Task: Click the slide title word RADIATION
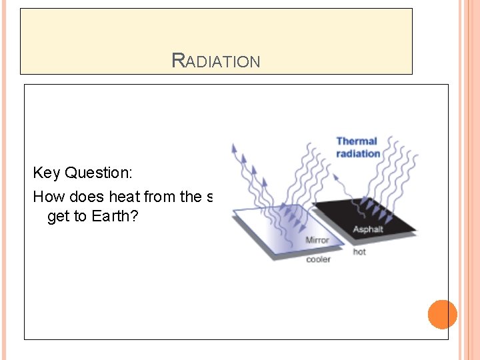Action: pyautogui.click(x=216, y=61)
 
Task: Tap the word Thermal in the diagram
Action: pyautogui.click(x=356, y=141)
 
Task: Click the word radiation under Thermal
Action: pyautogui.click(x=358, y=154)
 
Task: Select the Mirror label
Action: pyautogui.click(x=317, y=240)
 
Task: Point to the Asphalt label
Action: pyautogui.click(x=368, y=230)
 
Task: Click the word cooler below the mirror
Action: pyautogui.click(x=318, y=259)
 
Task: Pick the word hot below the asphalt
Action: pyautogui.click(x=359, y=252)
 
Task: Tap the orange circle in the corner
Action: pyautogui.click(x=442, y=314)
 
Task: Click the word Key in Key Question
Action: pyautogui.click(x=47, y=173)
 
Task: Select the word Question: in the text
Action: pyautogui.click(x=99, y=173)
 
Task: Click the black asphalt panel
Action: pyautogui.click(x=373, y=213)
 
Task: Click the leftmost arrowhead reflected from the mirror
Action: pyautogui.click(x=233, y=148)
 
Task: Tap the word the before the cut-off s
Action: pyautogui.click(x=189, y=197)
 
